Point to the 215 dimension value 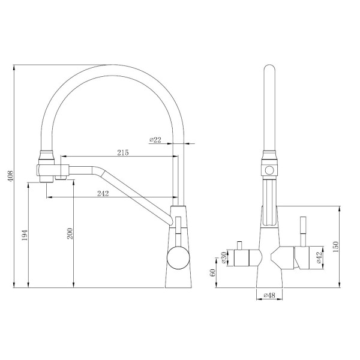pyautogui.click(x=122, y=153)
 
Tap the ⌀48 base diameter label pyautogui.click(x=269, y=295)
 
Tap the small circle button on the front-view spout pyautogui.click(x=269, y=170)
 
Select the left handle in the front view pyautogui.click(x=245, y=259)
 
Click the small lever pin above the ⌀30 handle pyautogui.click(x=238, y=245)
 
